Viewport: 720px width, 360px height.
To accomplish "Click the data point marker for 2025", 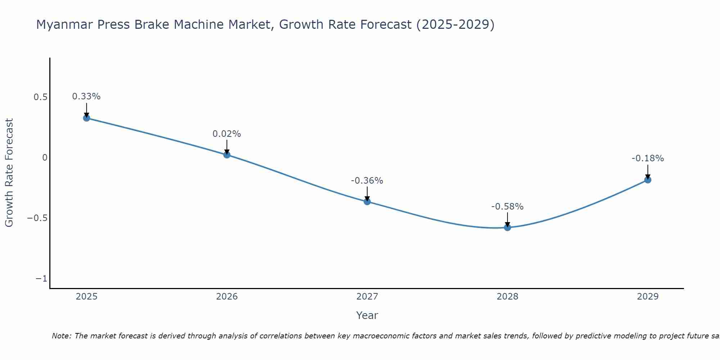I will (86, 118).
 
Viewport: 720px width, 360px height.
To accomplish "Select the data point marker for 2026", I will (227, 155).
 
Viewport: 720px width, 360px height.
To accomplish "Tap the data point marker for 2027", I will (367, 201).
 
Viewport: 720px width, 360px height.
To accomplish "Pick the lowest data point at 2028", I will (508, 228).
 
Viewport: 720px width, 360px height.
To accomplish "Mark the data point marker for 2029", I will (648, 180).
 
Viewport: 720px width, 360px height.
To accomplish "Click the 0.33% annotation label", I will (86, 96).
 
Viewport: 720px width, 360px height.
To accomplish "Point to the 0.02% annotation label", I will (227, 134).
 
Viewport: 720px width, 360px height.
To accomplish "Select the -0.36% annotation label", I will (367, 181).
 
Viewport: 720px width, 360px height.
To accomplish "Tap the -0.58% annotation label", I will (508, 207).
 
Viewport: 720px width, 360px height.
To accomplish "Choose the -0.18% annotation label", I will (648, 158).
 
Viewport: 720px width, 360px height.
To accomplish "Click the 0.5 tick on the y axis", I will (40, 97).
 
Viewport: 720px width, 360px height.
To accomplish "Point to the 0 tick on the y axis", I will (45, 158).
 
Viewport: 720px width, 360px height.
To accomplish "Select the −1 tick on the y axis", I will (41, 279).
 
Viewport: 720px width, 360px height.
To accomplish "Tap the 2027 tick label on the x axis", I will (367, 297).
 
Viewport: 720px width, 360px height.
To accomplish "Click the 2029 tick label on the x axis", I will (648, 297).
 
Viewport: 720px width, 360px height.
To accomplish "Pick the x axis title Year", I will (367, 315).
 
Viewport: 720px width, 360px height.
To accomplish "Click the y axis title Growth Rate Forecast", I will (9, 173).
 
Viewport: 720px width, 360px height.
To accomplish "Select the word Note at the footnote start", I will (61, 336).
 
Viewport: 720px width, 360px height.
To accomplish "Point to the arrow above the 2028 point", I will (508, 219).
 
